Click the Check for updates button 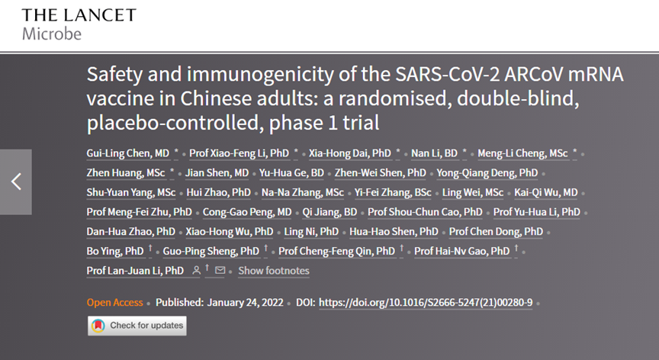click(x=137, y=326)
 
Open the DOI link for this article click(x=426, y=303)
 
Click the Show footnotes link click(x=274, y=271)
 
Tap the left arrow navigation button click(x=16, y=182)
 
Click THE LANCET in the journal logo click(x=79, y=15)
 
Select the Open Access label click(x=114, y=303)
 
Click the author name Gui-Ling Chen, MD click(x=128, y=153)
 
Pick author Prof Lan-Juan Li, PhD click(x=135, y=271)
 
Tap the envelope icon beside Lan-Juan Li click(x=220, y=270)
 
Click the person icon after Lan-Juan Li click(x=196, y=271)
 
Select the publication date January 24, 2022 click(x=245, y=303)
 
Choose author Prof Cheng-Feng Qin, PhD click(x=336, y=251)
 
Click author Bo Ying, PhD click(x=115, y=251)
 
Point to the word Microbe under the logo click(x=52, y=34)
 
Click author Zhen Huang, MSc click(x=126, y=172)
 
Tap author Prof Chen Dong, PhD click(x=496, y=231)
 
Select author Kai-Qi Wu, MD click(x=546, y=192)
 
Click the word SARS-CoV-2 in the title click(x=447, y=74)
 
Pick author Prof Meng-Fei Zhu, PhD click(x=139, y=212)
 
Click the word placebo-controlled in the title click(x=175, y=123)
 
